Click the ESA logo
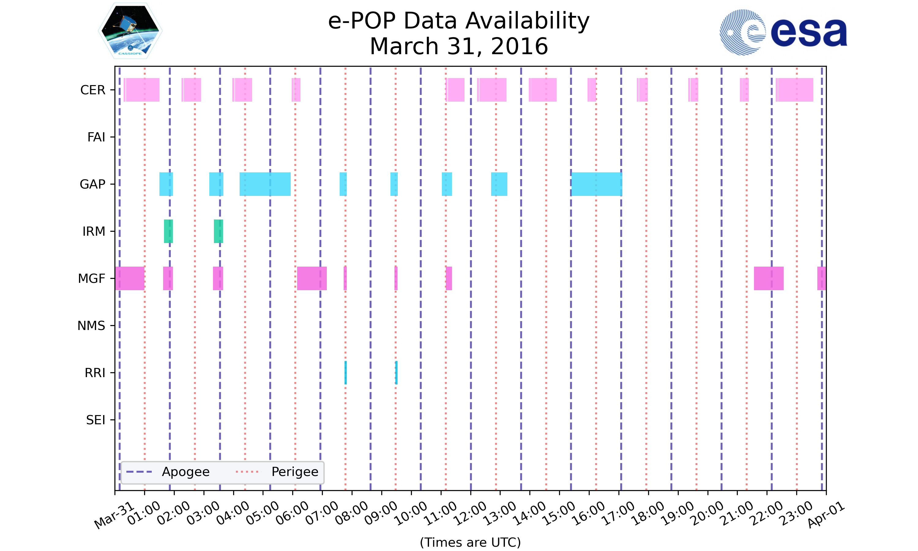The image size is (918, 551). point(783,32)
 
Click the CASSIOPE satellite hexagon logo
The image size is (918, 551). point(130,31)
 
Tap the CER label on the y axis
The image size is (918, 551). point(93,90)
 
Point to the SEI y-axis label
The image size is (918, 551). point(96,420)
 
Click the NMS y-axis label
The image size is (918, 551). point(91,326)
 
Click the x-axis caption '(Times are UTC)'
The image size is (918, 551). point(470,542)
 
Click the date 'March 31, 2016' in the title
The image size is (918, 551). point(459,47)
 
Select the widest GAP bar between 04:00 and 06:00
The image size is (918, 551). point(265,184)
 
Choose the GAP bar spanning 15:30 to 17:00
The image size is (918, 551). point(597,184)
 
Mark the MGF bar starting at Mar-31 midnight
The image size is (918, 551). point(129,279)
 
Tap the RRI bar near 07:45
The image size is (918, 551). point(345,373)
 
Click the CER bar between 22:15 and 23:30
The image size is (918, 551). point(794,90)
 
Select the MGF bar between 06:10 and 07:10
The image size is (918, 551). point(312,279)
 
